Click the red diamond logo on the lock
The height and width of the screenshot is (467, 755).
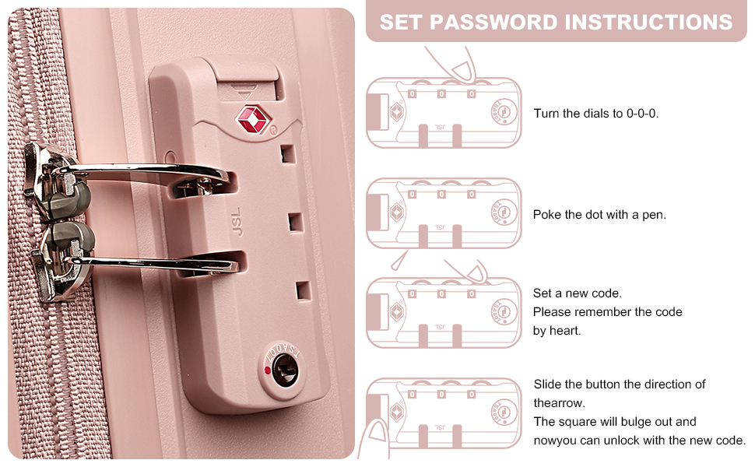(x=253, y=119)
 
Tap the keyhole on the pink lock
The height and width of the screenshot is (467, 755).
(x=285, y=370)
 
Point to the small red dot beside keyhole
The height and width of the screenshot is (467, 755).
(x=268, y=370)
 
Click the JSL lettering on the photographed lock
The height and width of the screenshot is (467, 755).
(x=237, y=222)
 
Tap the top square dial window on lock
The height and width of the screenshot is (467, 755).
(x=288, y=154)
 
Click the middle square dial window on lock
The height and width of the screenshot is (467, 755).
(x=296, y=223)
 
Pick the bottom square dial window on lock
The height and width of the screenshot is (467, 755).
(x=304, y=291)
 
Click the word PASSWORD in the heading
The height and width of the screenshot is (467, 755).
(x=492, y=22)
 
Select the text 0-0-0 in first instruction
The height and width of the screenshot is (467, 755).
(x=642, y=114)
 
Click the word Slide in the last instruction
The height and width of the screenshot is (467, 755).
(x=547, y=384)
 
